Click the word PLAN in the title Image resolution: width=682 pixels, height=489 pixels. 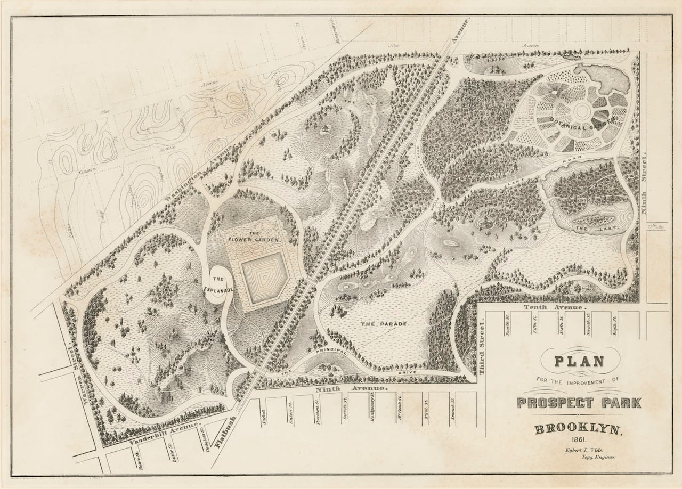pos(580,362)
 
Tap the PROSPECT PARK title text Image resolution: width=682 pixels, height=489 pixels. pos(579,402)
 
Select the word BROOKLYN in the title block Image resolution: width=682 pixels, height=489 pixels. pos(579,429)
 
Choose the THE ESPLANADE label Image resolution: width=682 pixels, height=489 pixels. pos(218,284)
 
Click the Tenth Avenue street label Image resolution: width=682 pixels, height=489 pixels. pos(554,308)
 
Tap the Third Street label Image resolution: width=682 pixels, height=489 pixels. pos(484,347)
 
